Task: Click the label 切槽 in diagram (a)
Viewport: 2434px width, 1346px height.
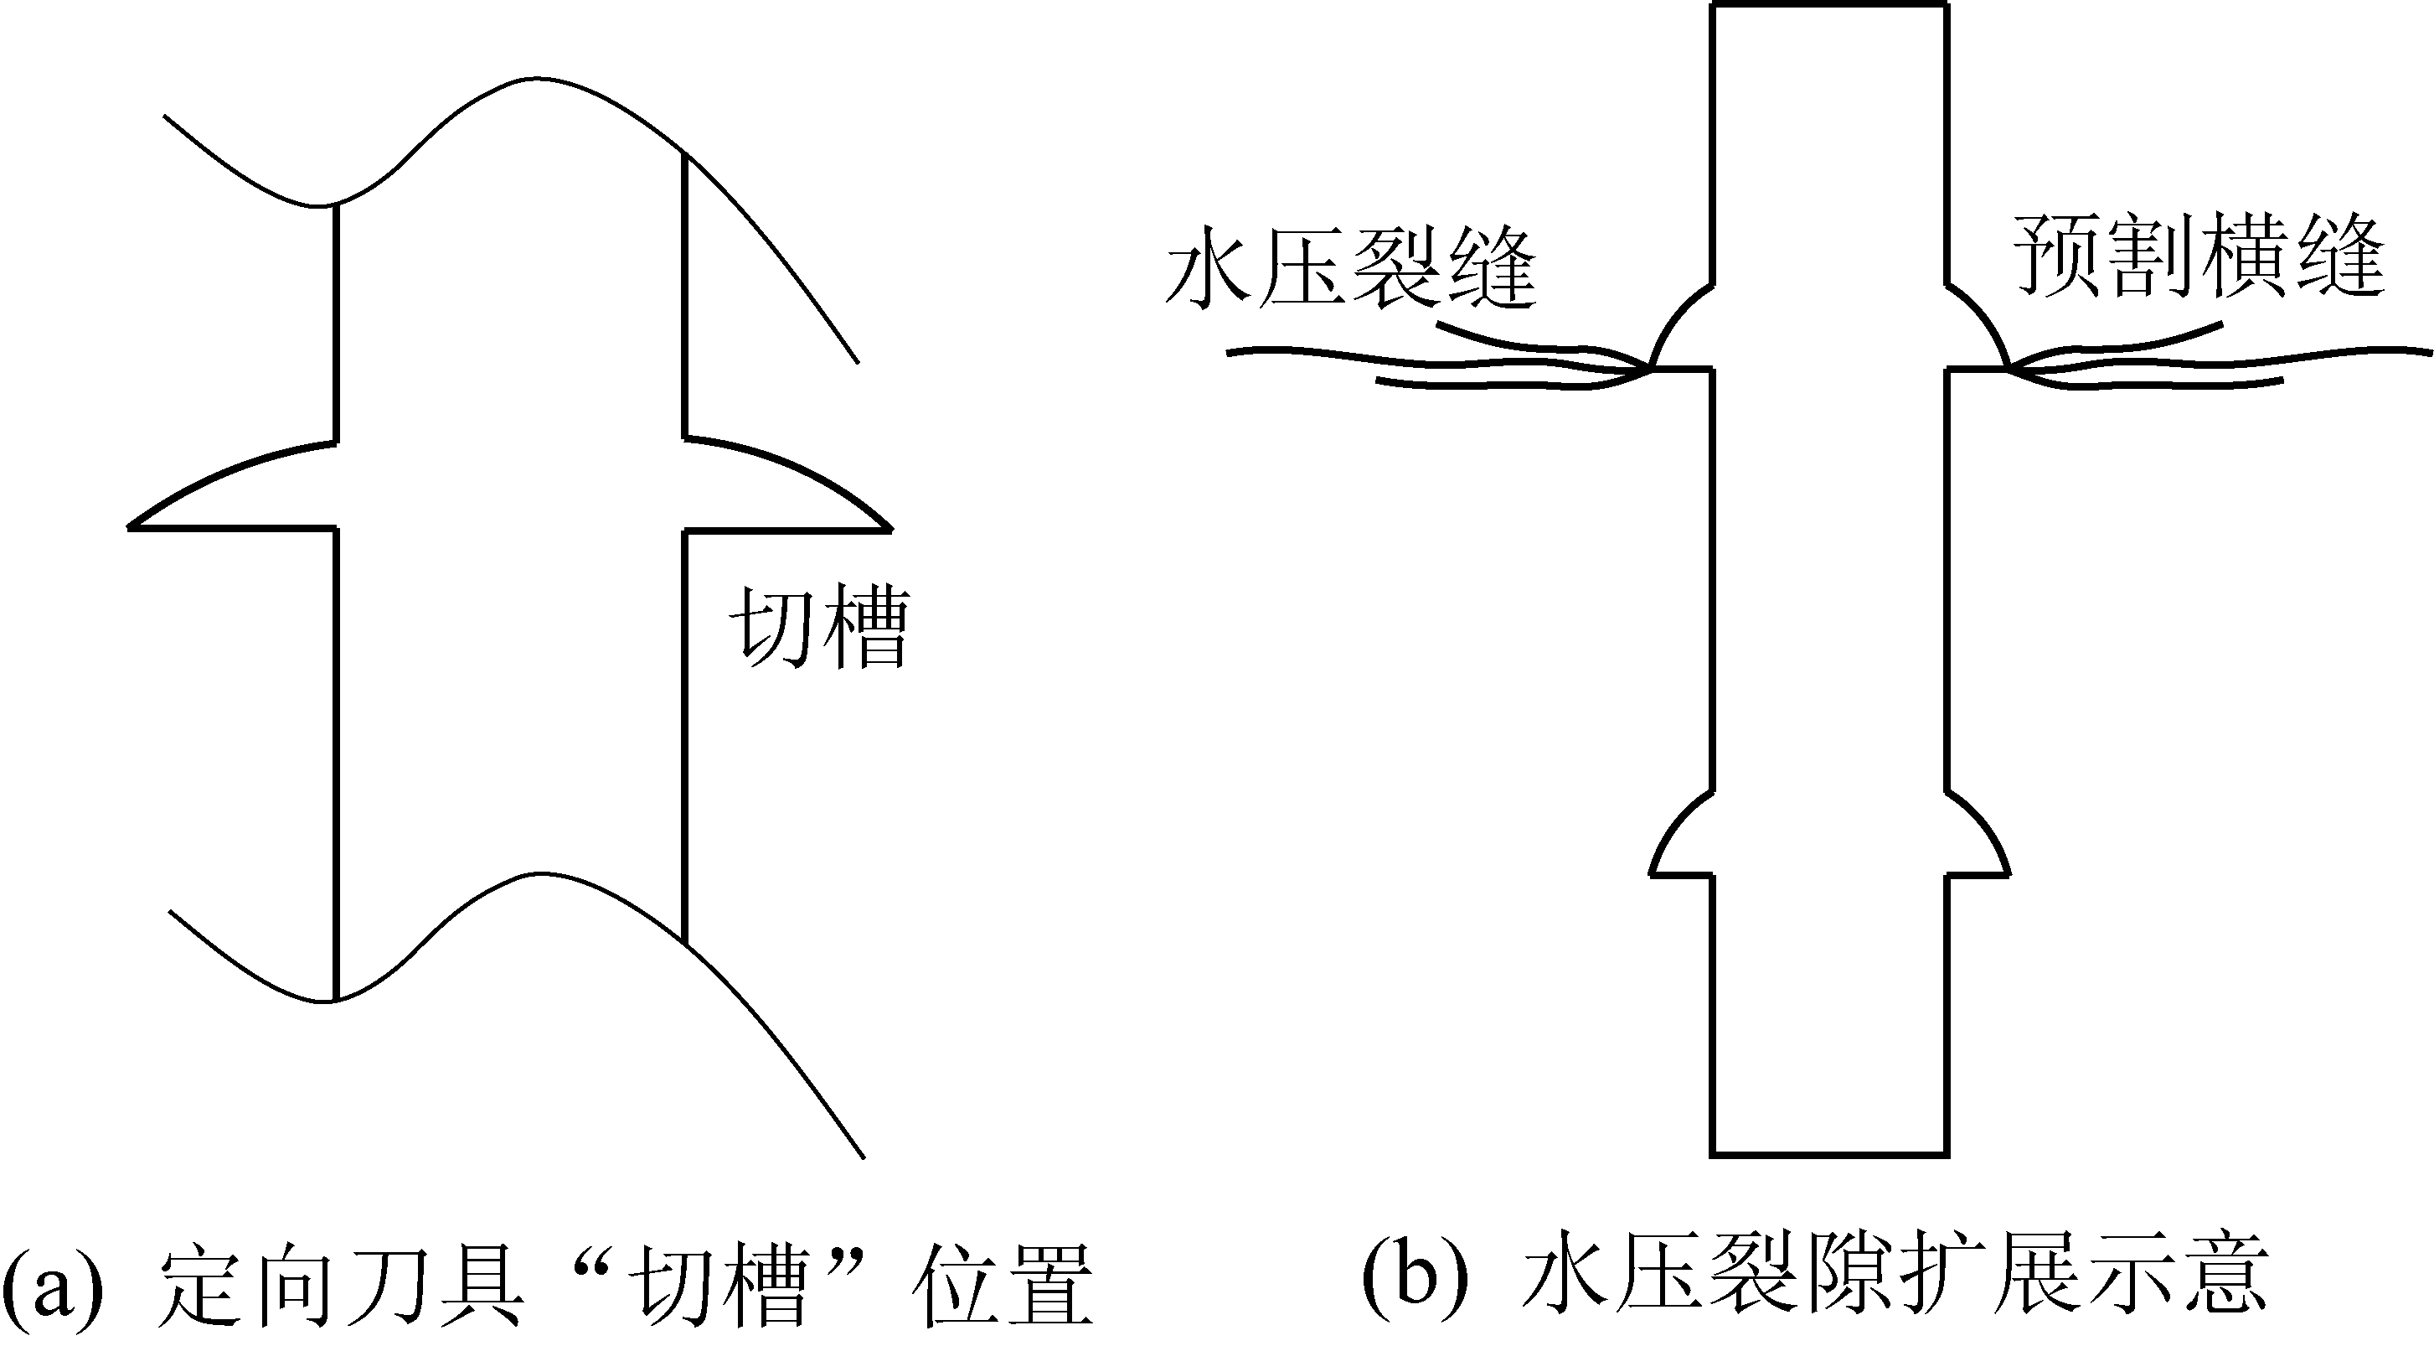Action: pyautogui.click(x=818, y=629)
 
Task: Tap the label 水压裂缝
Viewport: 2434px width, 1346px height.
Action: pyautogui.click(x=1351, y=267)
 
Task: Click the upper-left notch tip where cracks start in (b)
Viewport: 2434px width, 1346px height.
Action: pyautogui.click(x=1652, y=369)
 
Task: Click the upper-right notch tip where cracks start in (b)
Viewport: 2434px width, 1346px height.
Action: pyautogui.click(x=2007, y=369)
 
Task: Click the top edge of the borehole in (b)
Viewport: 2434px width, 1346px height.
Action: pyautogui.click(x=1829, y=6)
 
